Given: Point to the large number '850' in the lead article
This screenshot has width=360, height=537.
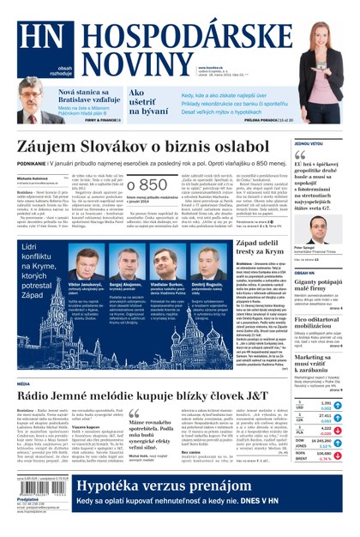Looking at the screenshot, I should pos(147,186).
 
